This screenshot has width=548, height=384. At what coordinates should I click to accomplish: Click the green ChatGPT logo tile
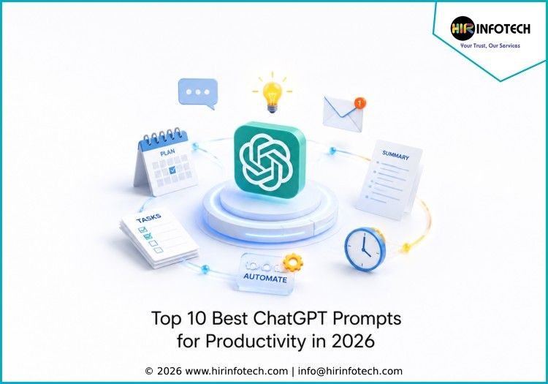pos(269,159)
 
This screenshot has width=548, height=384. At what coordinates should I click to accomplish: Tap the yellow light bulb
pos(273,93)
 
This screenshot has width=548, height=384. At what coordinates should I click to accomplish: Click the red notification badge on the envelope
pos(359,103)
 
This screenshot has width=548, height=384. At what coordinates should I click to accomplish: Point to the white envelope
pos(343,113)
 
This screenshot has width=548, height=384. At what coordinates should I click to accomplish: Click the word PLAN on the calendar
pos(167,152)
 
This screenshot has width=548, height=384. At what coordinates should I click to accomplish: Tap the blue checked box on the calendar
pos(172,170)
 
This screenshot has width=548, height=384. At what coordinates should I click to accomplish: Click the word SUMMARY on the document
pos(395,155)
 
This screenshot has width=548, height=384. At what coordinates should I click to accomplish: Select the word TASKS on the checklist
pos(148,218)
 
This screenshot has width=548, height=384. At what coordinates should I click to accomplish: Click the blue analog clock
pos(365,249)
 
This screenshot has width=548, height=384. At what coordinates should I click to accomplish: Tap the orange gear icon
pos(292,263)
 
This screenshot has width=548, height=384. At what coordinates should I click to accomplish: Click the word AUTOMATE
pos(265,278)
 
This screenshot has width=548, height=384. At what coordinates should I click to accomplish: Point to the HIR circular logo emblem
pos(463,29)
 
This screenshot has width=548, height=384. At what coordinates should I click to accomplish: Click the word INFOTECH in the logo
pos(503,29)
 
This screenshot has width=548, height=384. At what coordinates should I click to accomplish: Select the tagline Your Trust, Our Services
pos(490,45)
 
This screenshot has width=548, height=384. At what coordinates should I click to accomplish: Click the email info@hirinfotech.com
pos(350,371)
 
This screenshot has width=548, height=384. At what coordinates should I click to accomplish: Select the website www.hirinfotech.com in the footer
pos(236,371)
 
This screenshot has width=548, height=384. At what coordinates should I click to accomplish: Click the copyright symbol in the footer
pos(149,371)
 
